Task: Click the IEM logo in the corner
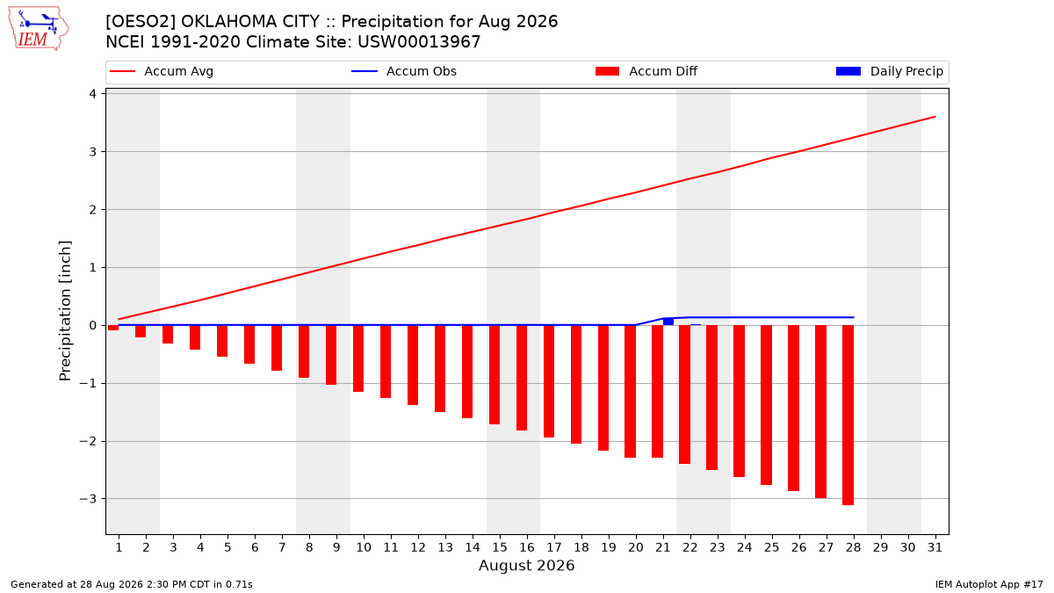click(39, 29)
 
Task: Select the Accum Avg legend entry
click(162, 71)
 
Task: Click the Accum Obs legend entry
click(404, 71)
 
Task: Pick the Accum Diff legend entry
click(646, 71)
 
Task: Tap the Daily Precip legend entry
click(889, 71)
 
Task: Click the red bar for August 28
click(848, 415)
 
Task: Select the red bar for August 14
click(467, 372)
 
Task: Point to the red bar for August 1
click(113, 328)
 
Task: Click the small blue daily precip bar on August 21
click(668, 322)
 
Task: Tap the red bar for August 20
click(630, 392)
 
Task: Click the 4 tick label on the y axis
click(93, 94)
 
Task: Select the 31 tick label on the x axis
click(935, 547)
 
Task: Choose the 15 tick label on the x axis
click(500, 547)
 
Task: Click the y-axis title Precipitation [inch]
click(65, 311)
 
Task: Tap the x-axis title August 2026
click(526, 565)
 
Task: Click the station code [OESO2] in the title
click(141, 22)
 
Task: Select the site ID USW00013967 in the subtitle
click(419, 42)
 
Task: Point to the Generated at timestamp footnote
click(131, 584)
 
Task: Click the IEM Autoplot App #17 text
click(989, 584)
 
